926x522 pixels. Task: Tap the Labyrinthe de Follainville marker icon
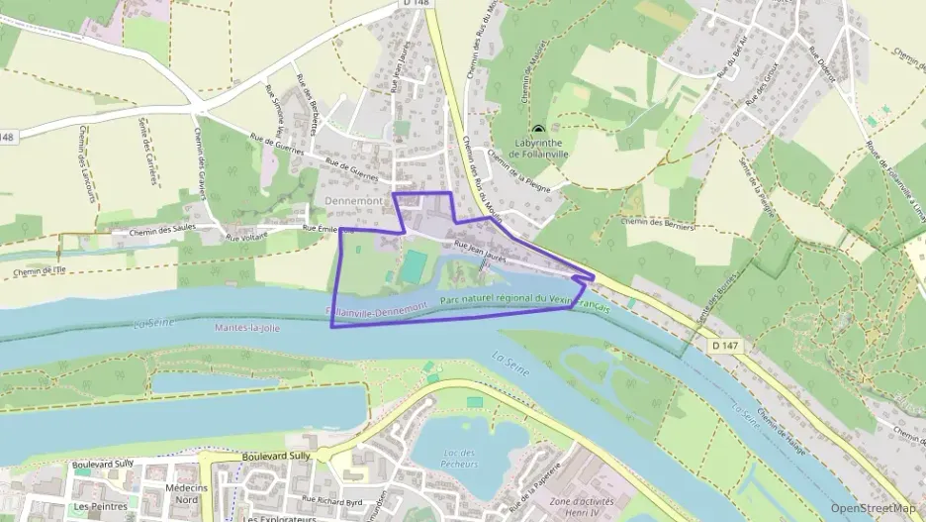click(x=538, y=130)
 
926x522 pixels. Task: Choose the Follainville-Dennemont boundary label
click(x=377, y=311)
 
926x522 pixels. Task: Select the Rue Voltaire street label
click(x=247, y=237)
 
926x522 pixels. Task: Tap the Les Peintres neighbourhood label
click(x=100, y=506)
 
